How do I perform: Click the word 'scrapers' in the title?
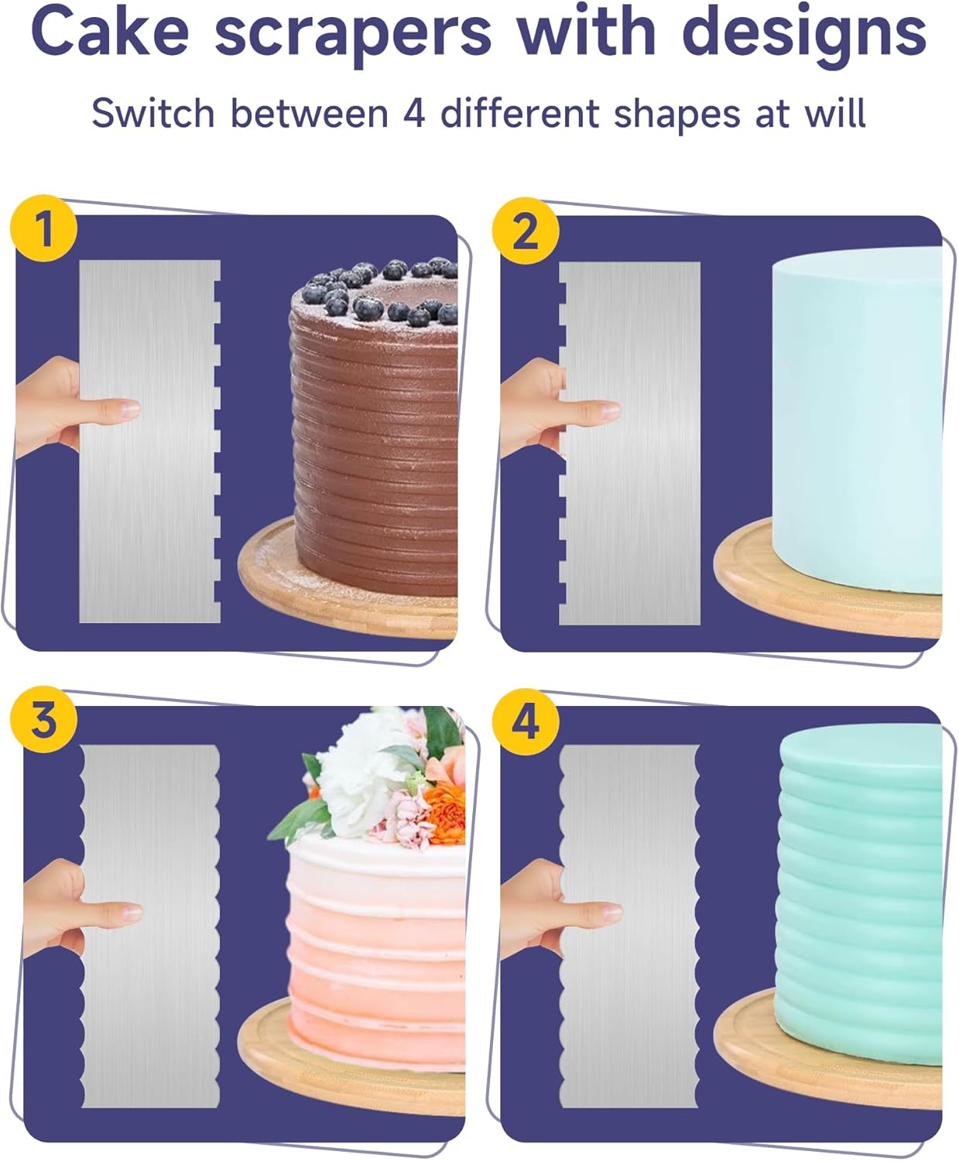point(353,33)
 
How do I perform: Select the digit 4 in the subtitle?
point(414,114)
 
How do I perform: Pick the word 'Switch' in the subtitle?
point(152,114)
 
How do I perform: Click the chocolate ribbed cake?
point(375,449)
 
